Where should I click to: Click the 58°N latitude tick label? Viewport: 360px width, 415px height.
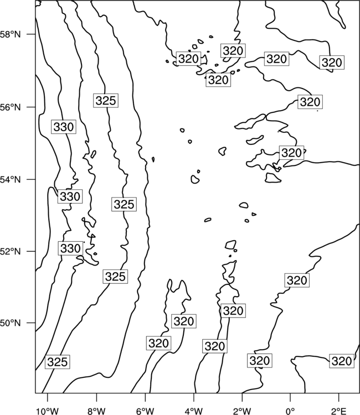[x=11, y=34]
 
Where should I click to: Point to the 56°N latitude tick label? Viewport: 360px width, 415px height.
[x=11, y=107]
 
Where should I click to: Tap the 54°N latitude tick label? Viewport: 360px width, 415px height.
[x=11, y=180]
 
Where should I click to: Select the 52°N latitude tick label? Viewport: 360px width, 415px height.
[x=11, y=251]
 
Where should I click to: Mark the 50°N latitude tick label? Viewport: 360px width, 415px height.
[x=11, y=323]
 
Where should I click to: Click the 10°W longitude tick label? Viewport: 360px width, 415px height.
[x=48, y=411]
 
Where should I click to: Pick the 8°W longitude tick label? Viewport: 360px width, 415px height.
[x=96, y=411]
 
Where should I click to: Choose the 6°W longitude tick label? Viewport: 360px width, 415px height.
[x=145, y=411]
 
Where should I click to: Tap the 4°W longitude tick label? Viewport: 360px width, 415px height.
[x=194, y=411]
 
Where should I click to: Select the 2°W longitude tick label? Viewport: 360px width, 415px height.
[x=242, y=411]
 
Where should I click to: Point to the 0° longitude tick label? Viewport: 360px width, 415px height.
[x=290, y=411]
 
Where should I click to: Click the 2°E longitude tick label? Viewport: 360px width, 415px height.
[x=339, y=411]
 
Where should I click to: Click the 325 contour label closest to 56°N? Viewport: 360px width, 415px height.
[x=106, y=101]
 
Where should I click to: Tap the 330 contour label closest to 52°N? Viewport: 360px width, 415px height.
[x=70, y=248]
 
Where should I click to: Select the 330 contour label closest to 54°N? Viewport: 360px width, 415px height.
[x=70, y=196]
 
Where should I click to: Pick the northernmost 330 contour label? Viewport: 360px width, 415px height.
[x=64, y=127]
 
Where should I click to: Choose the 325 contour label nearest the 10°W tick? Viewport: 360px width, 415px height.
[x=57, y=361]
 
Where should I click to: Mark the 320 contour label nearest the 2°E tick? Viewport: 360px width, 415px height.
[x=342, y=361]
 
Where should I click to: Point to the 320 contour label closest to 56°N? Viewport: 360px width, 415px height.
[x=310, y=102]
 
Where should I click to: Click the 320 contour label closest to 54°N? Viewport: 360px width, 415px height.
[x=291, y=153]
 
